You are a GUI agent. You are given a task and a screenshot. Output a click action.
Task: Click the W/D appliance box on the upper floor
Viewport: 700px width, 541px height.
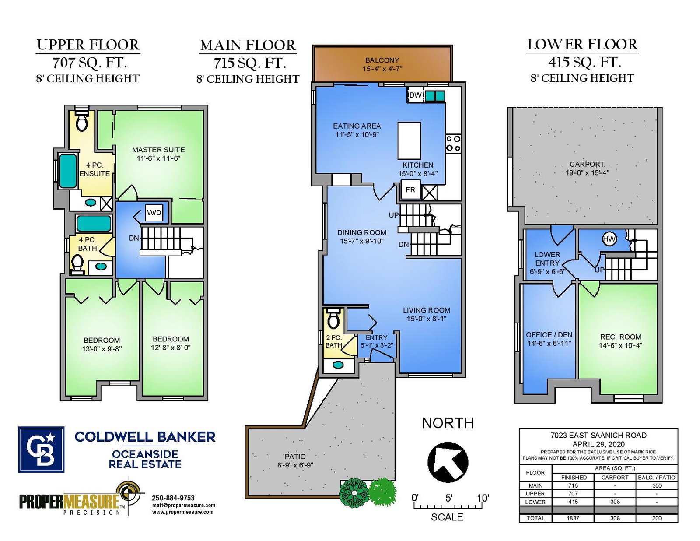pyautogui.click(x=154, y=213)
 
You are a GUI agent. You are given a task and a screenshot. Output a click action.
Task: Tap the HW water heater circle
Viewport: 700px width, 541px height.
pyautogui.click(x=609, y=239)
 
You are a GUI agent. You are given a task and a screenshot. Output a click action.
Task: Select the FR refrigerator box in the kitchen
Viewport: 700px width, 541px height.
pyautogui.click(x=410, y=190)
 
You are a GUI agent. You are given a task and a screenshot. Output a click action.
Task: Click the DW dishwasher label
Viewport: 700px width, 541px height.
pyautogui.click(x=416, y=95)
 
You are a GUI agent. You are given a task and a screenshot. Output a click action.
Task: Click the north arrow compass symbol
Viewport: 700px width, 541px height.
pyautogui.click(x=448, y=462)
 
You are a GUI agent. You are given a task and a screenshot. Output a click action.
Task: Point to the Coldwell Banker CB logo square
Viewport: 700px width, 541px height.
pyautogui.click(x=41, y=450)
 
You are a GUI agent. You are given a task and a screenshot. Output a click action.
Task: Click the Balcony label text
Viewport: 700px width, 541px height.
pyautogui.click(x=382, y=64)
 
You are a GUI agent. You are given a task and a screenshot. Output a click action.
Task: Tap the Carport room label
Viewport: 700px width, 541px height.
pyautogui.click(x=587, y=168)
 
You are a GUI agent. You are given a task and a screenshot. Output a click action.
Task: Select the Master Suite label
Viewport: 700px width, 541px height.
pyautogui.click(x=158, y=154)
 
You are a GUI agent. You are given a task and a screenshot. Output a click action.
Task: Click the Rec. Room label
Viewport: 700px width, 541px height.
pyautogui.click(x=620, y=341)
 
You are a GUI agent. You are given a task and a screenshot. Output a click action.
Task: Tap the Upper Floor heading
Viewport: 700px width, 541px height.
pyautogui.click(x=88, y=45)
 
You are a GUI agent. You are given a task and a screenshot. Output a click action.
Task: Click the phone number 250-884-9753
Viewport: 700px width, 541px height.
pyautogui.click(x=173, y=498)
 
